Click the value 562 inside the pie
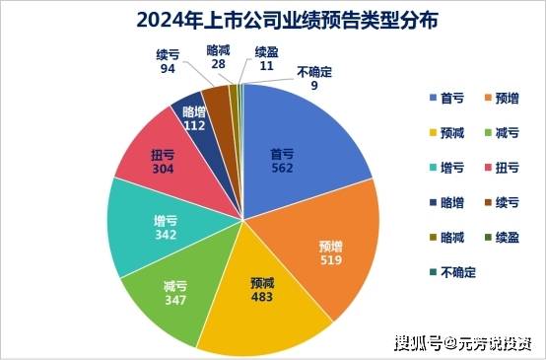tap(283, 169)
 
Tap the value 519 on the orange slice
tap(331, 258)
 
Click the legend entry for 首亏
tap(448, 98)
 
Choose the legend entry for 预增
tap(501, 98)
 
